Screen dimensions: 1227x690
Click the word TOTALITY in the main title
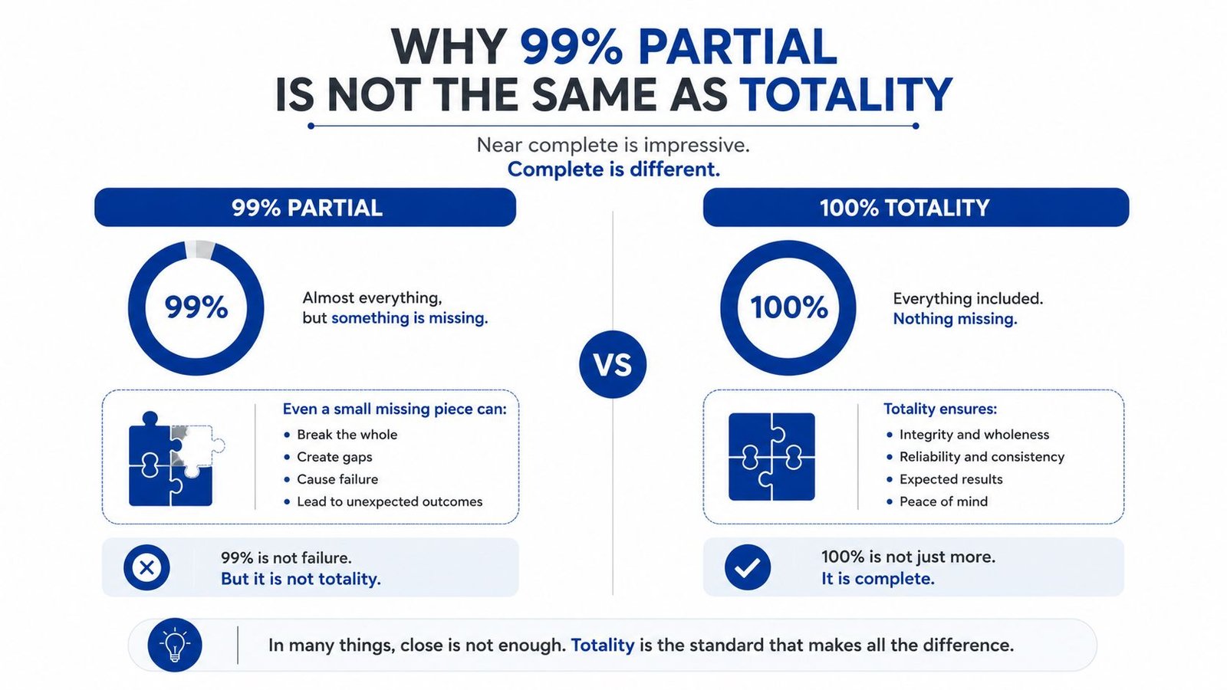point(846,94)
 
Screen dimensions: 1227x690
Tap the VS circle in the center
point(613,364)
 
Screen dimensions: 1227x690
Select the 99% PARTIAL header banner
point(305,208)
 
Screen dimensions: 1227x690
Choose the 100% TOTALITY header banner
point(916,208)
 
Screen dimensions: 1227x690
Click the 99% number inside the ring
point(196,307)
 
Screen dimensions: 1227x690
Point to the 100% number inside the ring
point(789,307)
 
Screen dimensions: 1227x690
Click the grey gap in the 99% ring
point(199,249)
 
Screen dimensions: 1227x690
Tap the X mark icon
point(146,567)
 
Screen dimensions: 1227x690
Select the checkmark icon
point(747,567)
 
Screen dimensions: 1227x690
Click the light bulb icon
point(175,645)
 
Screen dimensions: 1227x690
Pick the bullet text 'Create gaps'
point(334,457)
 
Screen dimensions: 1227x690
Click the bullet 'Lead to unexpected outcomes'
point(390,501)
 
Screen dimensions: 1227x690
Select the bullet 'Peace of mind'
point(943,501)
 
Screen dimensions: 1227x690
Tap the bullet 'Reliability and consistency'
point(982,457)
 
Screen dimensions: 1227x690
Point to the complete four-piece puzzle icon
point(771,457)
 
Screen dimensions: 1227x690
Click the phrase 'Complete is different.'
point(613,169)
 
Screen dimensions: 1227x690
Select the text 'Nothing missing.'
point(955,319)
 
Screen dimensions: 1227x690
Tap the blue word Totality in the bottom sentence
point(603,645)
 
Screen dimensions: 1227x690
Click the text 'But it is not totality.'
point(301,579)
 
